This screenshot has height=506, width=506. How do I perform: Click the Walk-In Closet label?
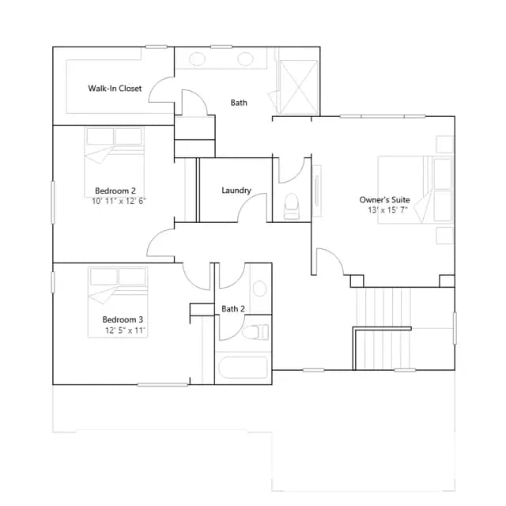point(115,89)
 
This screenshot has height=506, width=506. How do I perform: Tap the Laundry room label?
point(236,191)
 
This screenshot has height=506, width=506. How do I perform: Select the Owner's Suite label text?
point(385,200)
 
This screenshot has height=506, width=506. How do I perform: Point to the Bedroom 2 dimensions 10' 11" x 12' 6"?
point(119,201)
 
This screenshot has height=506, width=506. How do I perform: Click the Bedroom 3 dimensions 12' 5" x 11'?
point(125,330)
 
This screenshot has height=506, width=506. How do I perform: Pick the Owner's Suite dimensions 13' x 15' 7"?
point(387,210)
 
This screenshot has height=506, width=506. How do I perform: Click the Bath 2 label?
point(233,309)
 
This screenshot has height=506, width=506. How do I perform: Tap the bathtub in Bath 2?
point(243,367)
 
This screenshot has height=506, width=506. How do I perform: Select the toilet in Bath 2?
point(255,332)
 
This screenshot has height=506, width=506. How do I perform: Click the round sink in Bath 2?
point(259,288)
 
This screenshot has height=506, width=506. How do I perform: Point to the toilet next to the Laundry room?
point(292,206)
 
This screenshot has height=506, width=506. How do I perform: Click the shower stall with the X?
point(299,87)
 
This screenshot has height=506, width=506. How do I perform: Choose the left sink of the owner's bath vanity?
point(197,59)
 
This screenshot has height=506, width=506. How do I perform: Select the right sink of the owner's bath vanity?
point(245,59)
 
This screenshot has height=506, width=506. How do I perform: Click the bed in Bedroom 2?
point(114,162)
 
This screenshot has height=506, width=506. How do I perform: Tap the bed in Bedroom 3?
point(118,302)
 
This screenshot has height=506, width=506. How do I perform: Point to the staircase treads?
point(383,329)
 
